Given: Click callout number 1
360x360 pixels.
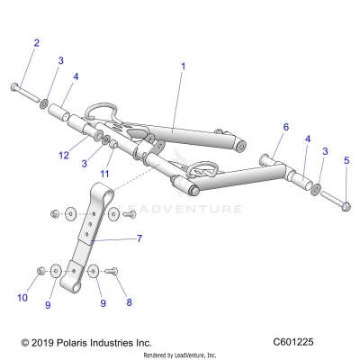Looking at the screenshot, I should coord(183,67).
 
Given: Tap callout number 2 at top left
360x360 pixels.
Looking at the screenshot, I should coord(37,43).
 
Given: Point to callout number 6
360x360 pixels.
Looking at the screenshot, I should coord(286,128).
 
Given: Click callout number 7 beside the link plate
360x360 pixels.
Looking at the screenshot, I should coord(139,240).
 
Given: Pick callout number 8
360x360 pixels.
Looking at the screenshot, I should coord(129,303).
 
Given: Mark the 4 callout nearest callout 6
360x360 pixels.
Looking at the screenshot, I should coord(308,139).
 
